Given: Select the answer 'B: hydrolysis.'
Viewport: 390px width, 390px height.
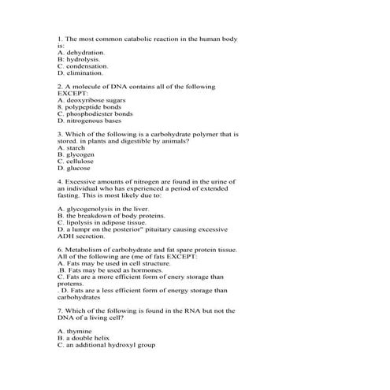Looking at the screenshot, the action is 79,59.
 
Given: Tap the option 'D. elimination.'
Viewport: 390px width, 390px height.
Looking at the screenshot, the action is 80,72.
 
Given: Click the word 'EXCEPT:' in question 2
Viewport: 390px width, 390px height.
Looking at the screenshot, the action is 74,93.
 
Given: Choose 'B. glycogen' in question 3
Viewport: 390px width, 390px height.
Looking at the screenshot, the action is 76,155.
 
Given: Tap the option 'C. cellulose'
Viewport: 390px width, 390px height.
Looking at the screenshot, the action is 76,162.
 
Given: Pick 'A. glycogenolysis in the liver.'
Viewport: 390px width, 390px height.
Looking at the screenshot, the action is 102,210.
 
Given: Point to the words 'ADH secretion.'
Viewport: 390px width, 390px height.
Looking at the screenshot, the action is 80,236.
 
